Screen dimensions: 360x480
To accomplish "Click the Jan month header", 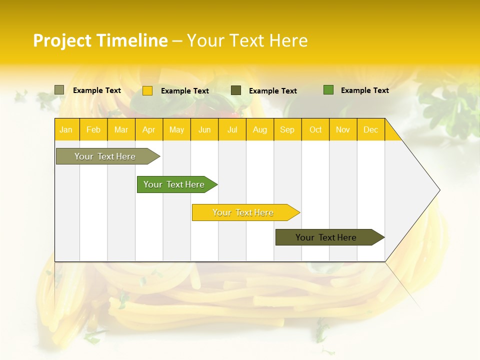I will (x=66, y=129).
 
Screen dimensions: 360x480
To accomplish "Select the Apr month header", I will (x=149, y=129).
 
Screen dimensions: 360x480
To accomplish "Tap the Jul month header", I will (x=232, y=129).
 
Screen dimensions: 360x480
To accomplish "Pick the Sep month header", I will (x=287, y=129).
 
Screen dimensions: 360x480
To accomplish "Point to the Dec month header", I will (x=371, y=129).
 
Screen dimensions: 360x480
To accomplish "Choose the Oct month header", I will (x=315, y=129).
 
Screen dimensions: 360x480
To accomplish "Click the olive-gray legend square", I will (x=59, y=90).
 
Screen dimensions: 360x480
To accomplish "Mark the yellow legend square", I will (x=147, y=90).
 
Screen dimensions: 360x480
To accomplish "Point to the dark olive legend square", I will (x=236, y=90).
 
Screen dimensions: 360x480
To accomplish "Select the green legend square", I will (x=328, y=90).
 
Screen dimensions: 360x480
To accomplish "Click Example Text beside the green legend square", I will (x=365, y=90).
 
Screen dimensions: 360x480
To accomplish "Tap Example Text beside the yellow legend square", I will (x=185, y=91).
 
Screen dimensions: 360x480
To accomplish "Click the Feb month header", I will (x=93, y=129).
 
